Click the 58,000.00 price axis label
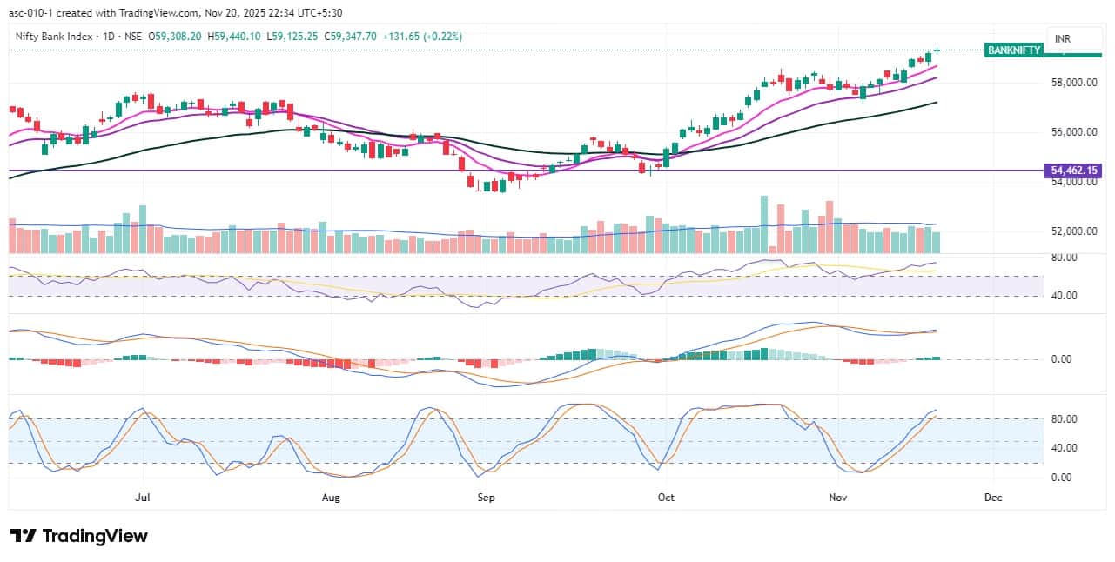1073,83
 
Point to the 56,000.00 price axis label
1073,132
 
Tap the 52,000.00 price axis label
1073,231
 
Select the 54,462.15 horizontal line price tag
1073,171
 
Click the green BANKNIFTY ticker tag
1013,50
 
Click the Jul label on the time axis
144,498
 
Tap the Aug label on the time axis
330,498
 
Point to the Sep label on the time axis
486,498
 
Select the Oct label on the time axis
666,498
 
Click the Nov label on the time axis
837,498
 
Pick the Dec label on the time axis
993,498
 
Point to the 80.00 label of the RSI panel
1065,258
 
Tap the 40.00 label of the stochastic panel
1065,448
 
